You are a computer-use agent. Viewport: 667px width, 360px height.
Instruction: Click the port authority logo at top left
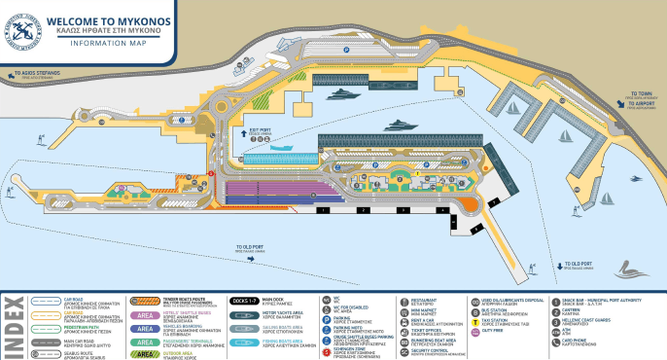pyautogui.click(x=23, y=22)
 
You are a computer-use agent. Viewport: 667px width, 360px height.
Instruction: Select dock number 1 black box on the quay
pyautogui.click(x=322, y=209)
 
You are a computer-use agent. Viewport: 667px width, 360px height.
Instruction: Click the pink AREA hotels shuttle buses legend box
pyautogui.click(x=145, y=316)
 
